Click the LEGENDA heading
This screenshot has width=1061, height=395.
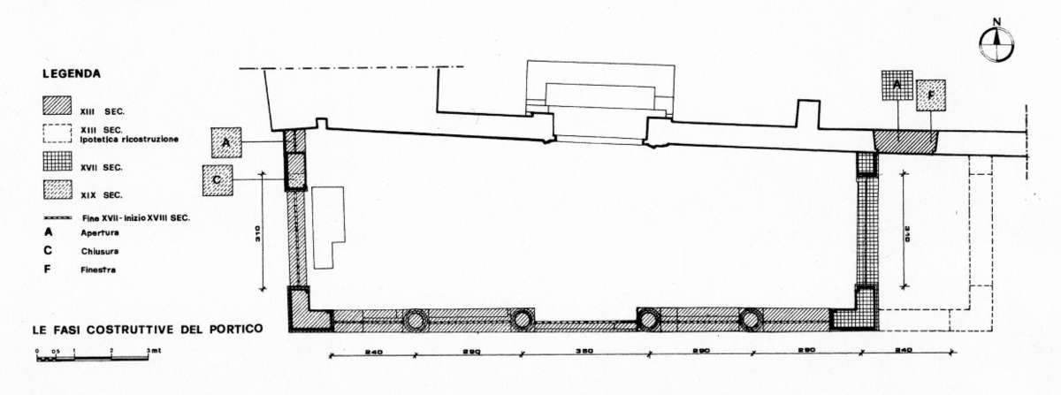71,74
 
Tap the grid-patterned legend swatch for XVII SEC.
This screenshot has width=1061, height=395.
57,164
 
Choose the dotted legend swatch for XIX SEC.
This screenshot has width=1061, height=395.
57,191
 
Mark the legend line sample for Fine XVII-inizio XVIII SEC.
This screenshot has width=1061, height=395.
57,217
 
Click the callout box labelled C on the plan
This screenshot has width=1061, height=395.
218,179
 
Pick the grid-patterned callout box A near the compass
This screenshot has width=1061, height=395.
897,86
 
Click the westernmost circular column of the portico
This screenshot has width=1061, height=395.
416,320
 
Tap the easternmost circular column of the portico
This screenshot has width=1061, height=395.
752,319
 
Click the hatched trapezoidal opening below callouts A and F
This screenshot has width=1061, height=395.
905,141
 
